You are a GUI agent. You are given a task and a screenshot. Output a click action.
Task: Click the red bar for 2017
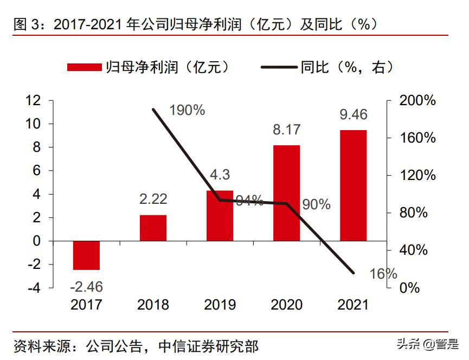(86, 255)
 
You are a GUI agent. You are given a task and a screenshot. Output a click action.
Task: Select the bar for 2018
(153, 228)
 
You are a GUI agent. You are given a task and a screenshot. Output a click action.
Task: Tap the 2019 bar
(220, 216)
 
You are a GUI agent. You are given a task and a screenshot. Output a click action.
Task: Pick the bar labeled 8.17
(286, 193)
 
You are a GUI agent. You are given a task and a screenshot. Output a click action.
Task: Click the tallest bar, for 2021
(353, 185)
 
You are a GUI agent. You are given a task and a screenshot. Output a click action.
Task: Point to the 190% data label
(187, 110)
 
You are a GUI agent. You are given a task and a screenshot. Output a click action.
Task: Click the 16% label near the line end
(383, 274)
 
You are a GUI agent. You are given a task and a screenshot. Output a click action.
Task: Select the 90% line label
(316, 204)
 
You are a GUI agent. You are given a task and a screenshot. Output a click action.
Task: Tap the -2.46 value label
(86, 287)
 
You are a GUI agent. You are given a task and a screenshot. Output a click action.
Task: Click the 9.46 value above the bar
(353, 114)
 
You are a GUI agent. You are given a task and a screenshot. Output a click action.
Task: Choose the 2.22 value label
(153, 200)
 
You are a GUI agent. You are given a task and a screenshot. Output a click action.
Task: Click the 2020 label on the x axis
(286, 305)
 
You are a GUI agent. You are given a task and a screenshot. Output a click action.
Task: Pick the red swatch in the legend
(84, 67)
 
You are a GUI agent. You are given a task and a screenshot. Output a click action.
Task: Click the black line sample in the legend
(280, 67)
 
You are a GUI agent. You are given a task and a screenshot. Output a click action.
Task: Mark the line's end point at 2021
(354, 273)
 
